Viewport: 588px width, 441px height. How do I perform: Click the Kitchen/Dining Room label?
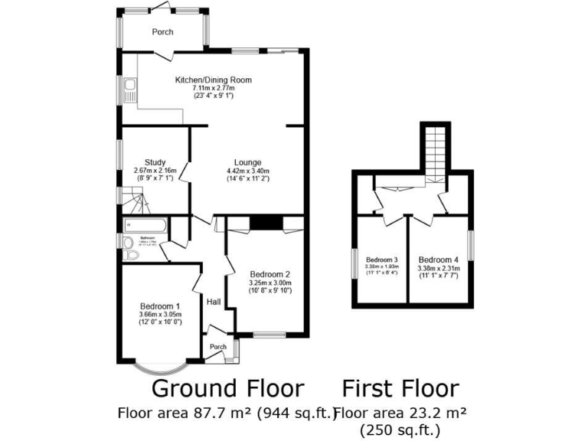(x=213, y=80)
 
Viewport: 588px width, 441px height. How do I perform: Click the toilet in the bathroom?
(x=128, y=243)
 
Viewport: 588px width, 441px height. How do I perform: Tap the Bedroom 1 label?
(x=159, y=306)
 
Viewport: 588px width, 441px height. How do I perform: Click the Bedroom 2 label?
(x=269, y=273)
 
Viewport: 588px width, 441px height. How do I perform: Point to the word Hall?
(x=214, y=302)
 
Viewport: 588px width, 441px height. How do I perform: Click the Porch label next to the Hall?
(x=218, y=346)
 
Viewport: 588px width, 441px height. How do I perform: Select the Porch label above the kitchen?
(x=162, y=32)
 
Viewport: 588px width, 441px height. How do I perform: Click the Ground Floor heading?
(x=227, y=388)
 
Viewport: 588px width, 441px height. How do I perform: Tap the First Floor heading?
(x=400, y=388)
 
